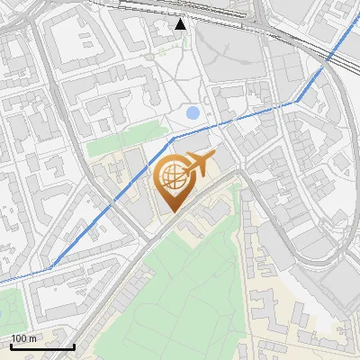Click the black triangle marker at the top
(181, 24)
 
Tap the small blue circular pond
(193, 113)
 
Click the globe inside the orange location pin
(172, 176)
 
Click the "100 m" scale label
(24, 337)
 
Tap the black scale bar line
(42, 346)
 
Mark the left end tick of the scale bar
(11, 345)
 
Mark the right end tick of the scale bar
(74, 345)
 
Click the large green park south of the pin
(180, 288)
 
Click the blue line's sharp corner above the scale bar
(51, 266)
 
